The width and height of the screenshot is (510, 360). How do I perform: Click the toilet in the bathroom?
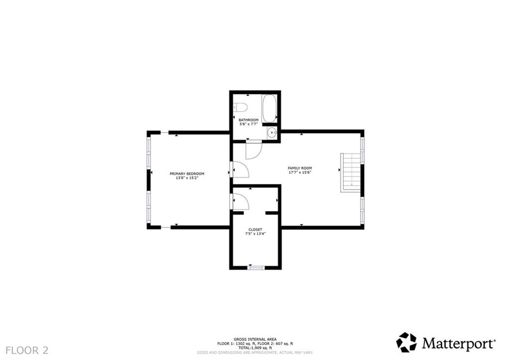[240, 107]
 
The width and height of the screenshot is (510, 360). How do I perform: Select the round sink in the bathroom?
[271, 132]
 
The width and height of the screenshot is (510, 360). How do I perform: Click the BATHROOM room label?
[249, 120]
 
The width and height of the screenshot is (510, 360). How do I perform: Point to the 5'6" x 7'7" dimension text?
[249, 124]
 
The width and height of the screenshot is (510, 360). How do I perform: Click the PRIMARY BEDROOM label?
[187, 174]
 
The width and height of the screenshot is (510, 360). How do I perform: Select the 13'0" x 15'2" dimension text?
[187, 178]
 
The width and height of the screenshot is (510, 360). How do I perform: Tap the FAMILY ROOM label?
[299, 168]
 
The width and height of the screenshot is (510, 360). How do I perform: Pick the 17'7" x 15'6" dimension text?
[299, 173]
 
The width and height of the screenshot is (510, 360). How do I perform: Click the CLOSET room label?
[255, 230]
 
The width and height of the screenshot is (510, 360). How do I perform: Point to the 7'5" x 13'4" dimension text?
[255, 234]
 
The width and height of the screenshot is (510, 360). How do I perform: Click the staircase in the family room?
[350, 172]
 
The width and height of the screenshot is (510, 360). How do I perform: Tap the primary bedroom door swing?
[240, 170]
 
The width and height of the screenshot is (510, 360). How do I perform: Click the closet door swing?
[240, 202]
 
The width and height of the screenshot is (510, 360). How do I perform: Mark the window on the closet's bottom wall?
[255, 268]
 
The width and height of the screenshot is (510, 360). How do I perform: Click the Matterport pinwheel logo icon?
[406, 343]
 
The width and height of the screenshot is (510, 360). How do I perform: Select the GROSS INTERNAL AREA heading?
[255, 339]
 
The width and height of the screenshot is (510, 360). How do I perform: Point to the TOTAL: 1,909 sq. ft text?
[255, 348]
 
